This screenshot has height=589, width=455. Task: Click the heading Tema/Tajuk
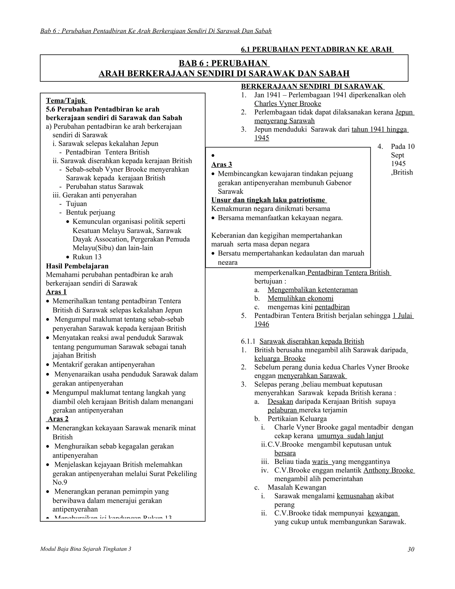(x=66, y=101)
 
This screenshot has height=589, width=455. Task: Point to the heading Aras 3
(x=221, y=164)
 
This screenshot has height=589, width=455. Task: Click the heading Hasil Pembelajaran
(x=77, y=266)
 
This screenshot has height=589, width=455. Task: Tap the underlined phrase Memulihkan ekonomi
(x=300, y=298)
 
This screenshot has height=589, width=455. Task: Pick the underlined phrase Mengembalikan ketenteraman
(x=312, y=290)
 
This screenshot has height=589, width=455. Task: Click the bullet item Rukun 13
(x=87, y=257)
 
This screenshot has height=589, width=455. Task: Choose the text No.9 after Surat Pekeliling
(x=60, y=482)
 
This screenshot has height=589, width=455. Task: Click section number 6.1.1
(x=248, y=341)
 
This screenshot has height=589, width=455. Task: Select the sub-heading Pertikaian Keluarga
(x=297, y=419)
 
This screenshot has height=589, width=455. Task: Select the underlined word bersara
(x=285, y=453)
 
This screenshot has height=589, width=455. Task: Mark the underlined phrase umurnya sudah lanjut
(x=350, y=436)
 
